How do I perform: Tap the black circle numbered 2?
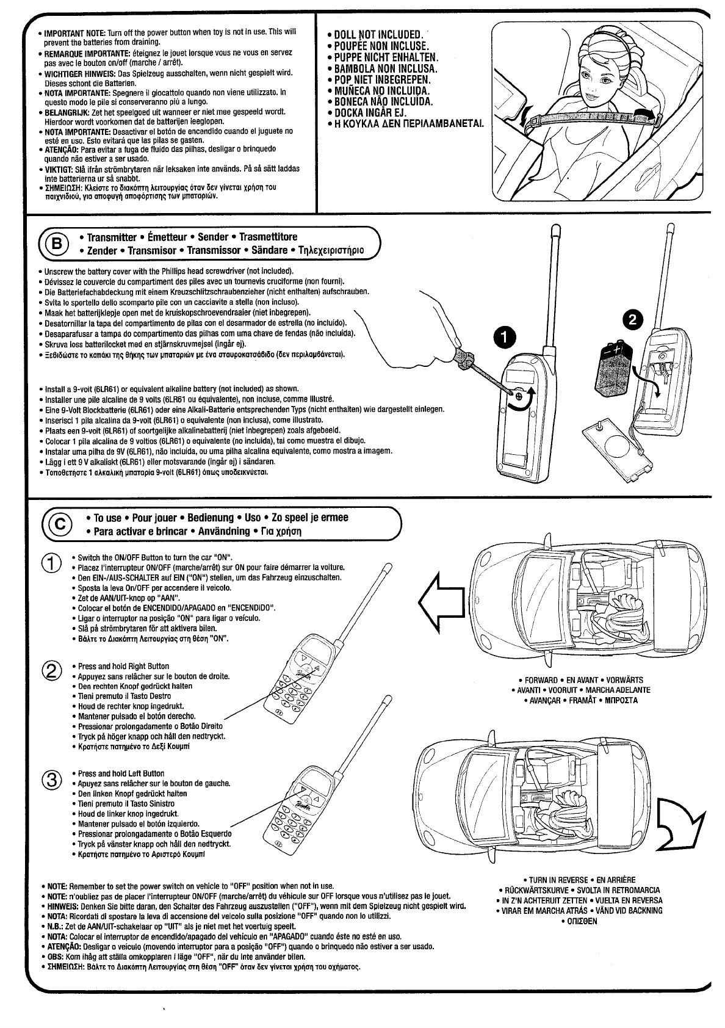pyautogui.click(x=633, y=319)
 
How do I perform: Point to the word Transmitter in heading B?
pyautogui.click(x=112, y=237)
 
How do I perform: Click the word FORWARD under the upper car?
pyautogui.click(x=541, y=680)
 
